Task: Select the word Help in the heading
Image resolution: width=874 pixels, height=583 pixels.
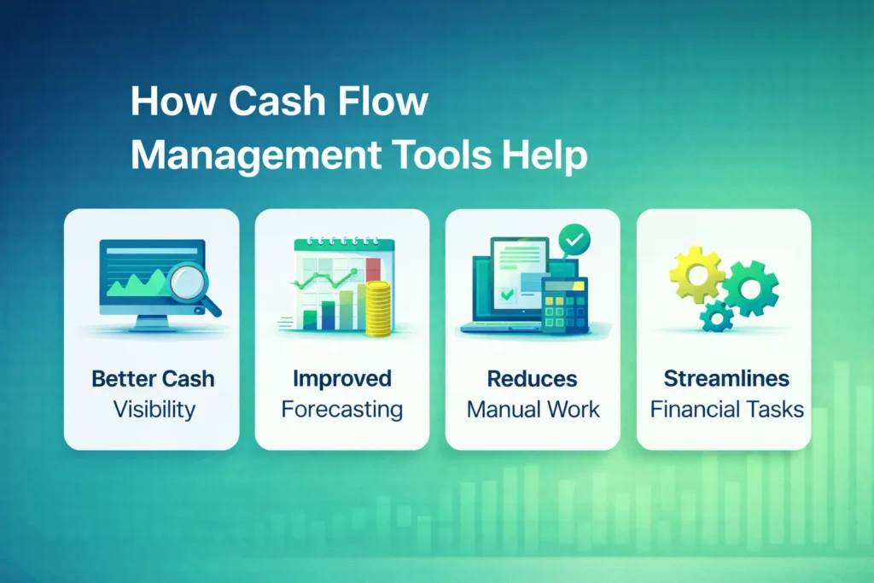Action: click(545, 156)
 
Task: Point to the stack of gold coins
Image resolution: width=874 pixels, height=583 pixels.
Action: click(376, 308)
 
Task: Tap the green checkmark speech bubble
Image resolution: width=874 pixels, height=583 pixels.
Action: click(571, 240)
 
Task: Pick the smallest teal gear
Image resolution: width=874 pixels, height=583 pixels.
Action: click(717, 317)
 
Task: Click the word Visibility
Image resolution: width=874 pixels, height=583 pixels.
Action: click(154, 409)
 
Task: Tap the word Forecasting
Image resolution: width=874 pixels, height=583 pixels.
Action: click(341, 409)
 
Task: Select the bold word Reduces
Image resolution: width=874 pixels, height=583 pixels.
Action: click(532, 379)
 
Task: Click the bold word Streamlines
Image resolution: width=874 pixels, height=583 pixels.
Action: click(725, 379)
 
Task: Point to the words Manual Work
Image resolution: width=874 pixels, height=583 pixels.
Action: click(533, 409)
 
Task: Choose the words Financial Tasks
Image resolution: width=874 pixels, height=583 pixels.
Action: click(726, 409)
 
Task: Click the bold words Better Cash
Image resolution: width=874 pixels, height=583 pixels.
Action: click(152, 379)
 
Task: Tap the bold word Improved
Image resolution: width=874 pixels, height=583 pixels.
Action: click(341, 379)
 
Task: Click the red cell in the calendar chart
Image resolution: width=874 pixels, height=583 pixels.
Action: click(372, 267)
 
